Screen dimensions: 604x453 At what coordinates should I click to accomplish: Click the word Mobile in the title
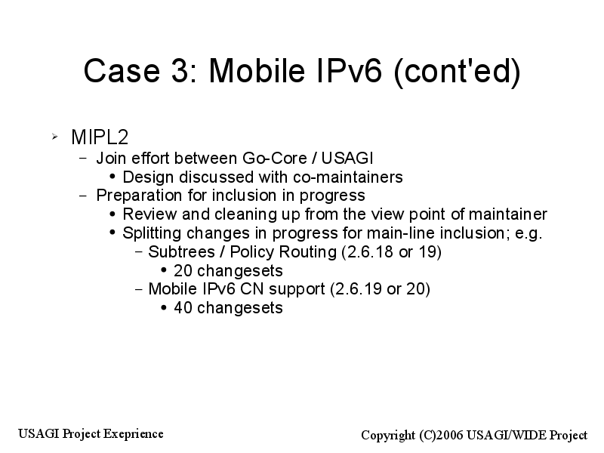click(257, 70)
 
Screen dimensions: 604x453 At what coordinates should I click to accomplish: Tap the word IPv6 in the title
click(349, 70)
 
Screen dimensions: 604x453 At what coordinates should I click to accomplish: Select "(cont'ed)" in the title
click(458, 72)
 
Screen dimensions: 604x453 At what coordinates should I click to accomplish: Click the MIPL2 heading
click(100, 137)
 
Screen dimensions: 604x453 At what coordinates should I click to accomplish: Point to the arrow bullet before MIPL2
click(54, 137)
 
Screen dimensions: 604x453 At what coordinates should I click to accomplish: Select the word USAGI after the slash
click(347, 159)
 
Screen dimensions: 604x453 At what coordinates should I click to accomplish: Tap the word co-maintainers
click(348, 177)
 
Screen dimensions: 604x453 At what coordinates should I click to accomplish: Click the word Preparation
click(140, 196)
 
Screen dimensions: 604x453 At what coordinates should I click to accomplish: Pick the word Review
click(149, 214)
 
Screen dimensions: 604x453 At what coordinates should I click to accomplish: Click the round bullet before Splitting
click(112, 233)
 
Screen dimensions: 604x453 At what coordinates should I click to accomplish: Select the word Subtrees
click(181, 252)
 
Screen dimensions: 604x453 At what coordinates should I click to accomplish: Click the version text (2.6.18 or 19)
click(391, 252)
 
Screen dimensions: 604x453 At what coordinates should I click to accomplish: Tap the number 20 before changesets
click(183, 271)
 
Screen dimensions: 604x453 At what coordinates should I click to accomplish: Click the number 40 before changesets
click(183, 308)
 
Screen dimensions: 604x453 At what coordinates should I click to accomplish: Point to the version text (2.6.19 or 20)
click(381, 289)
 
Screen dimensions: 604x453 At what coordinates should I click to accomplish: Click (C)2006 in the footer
click(442, 436)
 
